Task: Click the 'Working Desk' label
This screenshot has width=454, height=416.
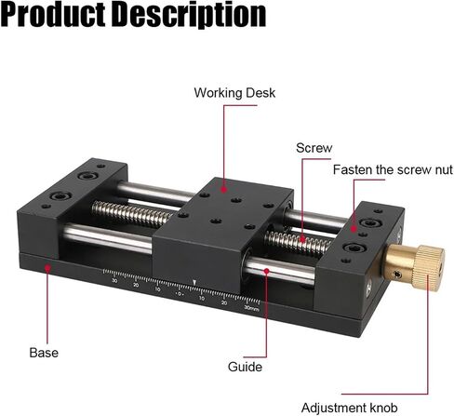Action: click(234, 93)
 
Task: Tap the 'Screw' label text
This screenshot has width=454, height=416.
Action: click(314, 148)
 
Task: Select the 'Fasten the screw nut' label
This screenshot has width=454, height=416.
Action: click(393, 169)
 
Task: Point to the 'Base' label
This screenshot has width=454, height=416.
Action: click(44, 353)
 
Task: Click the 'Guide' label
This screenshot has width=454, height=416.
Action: click(245, 367)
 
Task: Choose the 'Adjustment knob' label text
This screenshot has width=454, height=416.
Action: click(349, 408)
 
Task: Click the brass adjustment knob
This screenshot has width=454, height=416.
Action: click(415, 267)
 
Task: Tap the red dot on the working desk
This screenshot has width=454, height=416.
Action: click(224, 190)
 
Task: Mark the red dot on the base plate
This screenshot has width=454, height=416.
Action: click(47, 267)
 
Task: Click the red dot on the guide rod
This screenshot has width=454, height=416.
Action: click(266, 271)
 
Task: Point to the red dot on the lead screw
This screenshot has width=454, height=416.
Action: click(302, 239)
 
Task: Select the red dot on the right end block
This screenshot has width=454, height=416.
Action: click(354, 229)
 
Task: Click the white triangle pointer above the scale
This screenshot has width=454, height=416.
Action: click(194, 283)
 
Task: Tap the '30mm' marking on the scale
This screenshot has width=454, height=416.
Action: click(251, 308)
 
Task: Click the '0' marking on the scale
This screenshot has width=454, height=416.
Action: click(180, 293)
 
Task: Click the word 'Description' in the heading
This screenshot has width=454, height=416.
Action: click(189, 15)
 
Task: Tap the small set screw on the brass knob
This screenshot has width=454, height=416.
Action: click(398, 274)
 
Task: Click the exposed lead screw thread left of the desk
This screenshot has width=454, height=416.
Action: click(133, 213)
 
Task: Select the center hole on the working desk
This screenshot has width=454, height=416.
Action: click(236, 200)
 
